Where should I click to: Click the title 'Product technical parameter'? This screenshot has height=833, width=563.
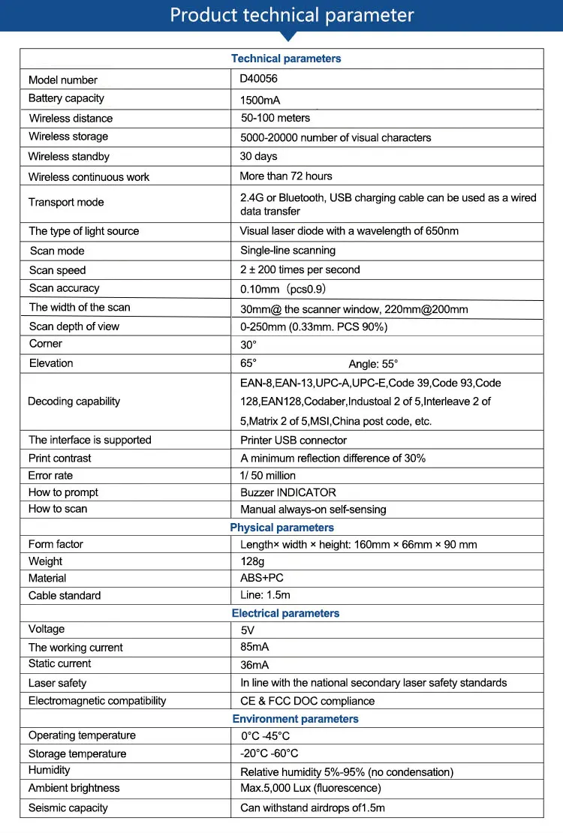click(291, 15)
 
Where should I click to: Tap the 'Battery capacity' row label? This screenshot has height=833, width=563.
click(66, 98)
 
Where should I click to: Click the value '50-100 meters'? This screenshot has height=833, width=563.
click(275, 118)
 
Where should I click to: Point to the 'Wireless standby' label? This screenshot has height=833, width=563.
click(68, 156)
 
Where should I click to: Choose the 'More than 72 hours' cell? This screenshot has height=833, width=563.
click(285, 176)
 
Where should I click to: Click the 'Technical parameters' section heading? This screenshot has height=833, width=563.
click(286, 59)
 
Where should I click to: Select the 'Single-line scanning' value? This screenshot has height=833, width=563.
click(288, 251)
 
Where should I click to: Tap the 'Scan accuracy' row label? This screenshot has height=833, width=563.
click(64, 288)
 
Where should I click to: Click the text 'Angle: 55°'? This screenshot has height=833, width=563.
click(373, 364)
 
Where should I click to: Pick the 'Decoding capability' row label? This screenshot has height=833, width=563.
click(74, 401)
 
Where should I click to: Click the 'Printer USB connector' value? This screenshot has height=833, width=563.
click(294, 441)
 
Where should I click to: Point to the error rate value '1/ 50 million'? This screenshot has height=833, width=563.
click(268, 475)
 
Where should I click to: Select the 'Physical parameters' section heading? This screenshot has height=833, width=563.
click(281, 528)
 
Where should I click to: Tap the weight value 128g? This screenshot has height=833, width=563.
click(252, 561)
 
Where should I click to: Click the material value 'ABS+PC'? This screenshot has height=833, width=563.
click(261, 578)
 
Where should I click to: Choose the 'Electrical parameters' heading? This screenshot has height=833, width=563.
click(285, 613)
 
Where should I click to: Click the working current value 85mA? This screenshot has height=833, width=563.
click(254, 647)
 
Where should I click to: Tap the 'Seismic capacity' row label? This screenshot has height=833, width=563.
click(68, 808)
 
